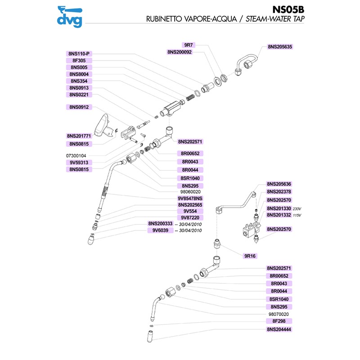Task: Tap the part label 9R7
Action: (189, 45)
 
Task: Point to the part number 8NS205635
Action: (280, 46)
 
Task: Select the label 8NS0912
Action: (79, 107)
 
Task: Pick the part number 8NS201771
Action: (79, 136)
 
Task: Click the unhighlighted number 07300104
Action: (79, 155)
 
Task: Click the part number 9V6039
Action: (160, 230)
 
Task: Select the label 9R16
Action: (250, 256)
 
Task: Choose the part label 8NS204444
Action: (279, 329)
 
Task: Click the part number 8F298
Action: (279, 321)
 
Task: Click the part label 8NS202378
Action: (279, 192)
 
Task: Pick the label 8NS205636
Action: (279, 184)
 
